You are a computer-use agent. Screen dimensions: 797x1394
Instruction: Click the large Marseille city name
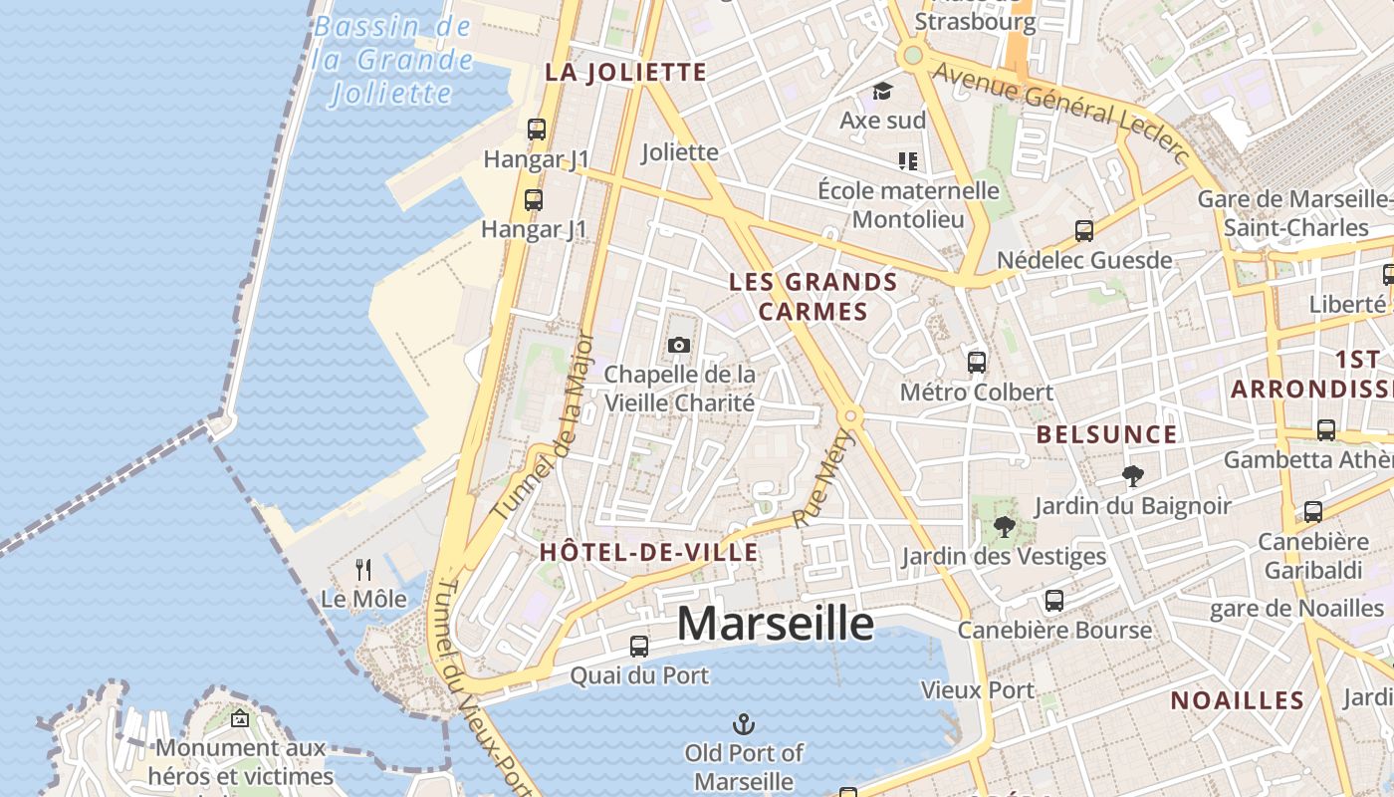[x=775, y=624]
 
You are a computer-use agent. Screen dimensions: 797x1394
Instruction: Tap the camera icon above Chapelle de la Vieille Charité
[x=679, y=345]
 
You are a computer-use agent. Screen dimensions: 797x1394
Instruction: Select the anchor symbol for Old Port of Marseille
[x=743, y=723]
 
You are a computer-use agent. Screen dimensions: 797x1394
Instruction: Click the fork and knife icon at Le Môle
[x=363, y=570]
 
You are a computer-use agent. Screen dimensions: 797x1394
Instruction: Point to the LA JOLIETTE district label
[x=626, y=72]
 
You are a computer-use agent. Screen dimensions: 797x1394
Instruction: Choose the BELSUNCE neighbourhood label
[x=1106, y=434]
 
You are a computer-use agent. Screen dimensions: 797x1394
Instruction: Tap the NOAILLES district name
[x=1237, y=700]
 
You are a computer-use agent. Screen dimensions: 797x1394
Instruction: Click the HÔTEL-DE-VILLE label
[x=648, y=552]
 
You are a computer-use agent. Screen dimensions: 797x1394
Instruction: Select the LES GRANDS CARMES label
[x=813, y=296]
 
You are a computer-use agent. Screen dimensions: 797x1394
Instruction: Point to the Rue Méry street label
[x=823, y=478]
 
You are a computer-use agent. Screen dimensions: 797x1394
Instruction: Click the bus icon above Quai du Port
[x=639, y=647]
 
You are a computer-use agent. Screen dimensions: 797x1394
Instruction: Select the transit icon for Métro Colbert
[x=977, y=363]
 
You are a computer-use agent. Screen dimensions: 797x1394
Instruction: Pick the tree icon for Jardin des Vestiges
[x=1004, y=527]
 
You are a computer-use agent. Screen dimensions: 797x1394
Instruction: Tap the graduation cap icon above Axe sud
[x=882, y=92]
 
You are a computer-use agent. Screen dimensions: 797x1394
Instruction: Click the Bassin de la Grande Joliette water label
[x=392, y=60]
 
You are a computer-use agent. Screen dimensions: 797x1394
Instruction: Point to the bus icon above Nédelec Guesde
[x=1084, y=231]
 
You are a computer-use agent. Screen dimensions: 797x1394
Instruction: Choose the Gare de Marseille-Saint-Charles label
[x=1293, y=213]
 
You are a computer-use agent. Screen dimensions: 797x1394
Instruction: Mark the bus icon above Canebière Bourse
[x=1054, y=601]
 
